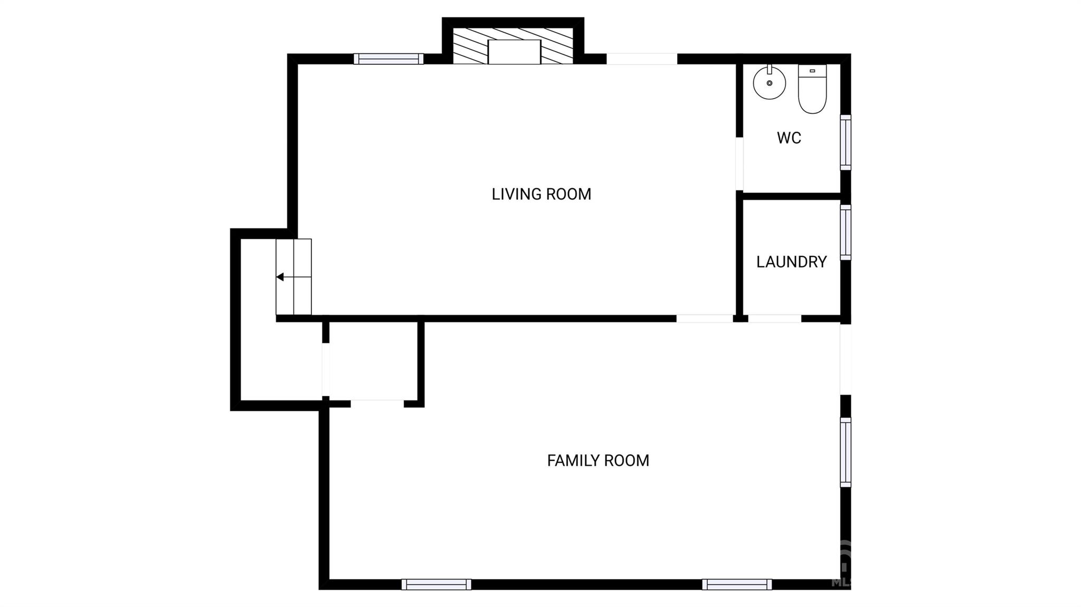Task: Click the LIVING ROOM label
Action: click(541, 194)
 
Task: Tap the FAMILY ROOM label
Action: click(598, 460)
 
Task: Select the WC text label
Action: click(789, 138)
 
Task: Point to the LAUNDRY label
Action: click(791, 262)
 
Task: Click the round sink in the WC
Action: click(769, 82)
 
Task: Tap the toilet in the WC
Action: click(812, 89)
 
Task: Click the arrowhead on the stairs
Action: click(280, 277)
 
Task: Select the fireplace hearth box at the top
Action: click(514, 52)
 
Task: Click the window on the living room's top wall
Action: click(388, 59)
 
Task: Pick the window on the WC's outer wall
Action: click(846, 142)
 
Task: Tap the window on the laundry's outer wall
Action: click(846, 233)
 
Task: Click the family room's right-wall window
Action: click(846, 452)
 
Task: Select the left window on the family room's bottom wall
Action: click(436, 584)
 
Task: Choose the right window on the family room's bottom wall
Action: click(737, 584)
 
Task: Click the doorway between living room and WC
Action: click(739, 163)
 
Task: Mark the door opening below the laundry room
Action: click(774, 319)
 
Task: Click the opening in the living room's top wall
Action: click(641, 59)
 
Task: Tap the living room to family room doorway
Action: click(705, 319)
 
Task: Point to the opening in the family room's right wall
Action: click(846, 359)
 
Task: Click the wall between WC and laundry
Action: click(792, 196)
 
